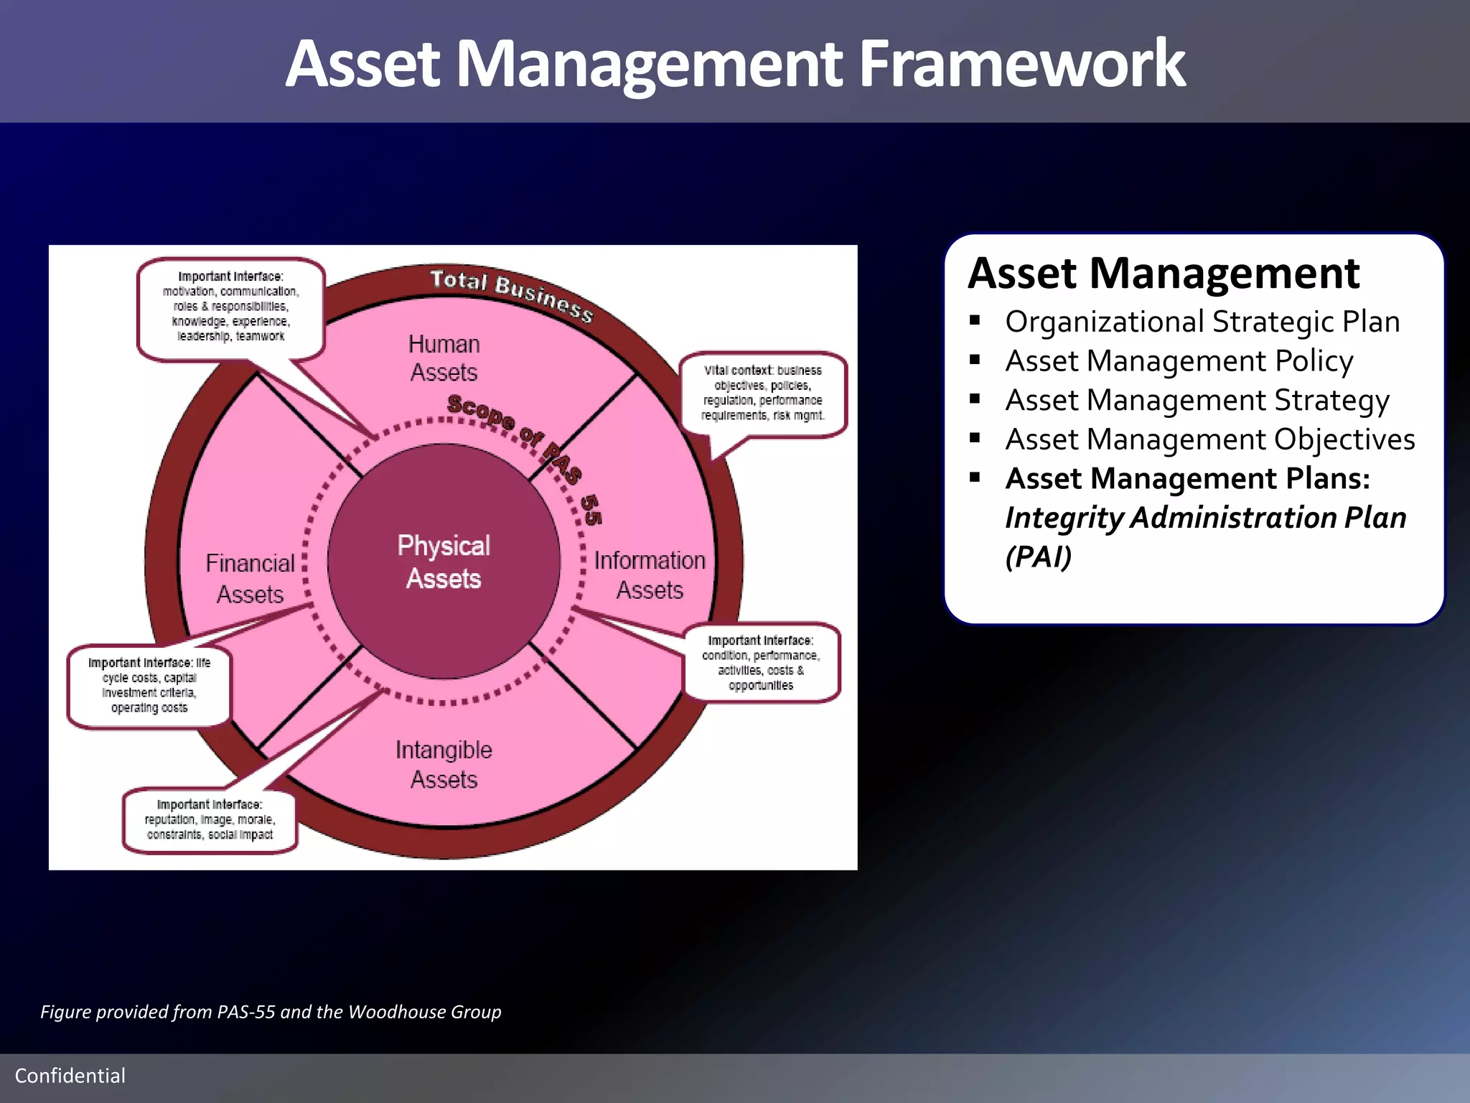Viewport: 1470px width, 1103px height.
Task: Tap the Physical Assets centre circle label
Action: coord(444,562)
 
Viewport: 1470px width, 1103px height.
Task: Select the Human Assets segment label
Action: coord(444,358)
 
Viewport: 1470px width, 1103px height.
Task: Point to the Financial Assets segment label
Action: coord(250,578)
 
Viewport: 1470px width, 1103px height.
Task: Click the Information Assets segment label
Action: coord(650,574)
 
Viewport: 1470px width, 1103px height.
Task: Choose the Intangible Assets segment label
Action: coord(444,764)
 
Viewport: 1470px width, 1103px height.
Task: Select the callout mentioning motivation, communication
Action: coord(230,307)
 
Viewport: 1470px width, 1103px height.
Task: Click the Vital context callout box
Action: coord(762,393)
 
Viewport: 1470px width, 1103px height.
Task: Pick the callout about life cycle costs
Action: coord(149,685)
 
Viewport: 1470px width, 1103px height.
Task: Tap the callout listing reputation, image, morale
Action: coord(210,819)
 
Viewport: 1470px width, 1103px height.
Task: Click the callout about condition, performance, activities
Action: coord(761,662)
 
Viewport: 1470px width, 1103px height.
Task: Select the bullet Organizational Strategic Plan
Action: coord(1202,322)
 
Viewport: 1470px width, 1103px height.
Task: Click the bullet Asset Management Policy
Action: coord(1179,360)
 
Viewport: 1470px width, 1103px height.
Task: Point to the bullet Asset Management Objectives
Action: coord(1210,439)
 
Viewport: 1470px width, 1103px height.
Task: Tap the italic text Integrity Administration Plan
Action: coord(1205,518)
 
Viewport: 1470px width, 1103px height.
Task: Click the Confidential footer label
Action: coord(70,1076)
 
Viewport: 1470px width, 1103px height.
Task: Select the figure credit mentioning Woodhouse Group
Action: coord(271,1012)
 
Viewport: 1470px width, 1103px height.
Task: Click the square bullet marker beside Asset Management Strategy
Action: coord(975,399)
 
